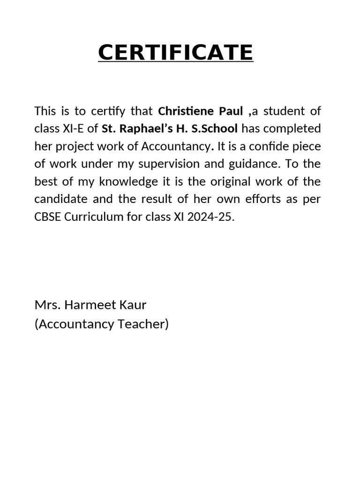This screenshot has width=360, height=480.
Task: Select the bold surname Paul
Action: tap(230, 111)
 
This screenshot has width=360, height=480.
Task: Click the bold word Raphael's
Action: tap(146, 128)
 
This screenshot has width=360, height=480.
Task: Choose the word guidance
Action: tap(243, 164)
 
